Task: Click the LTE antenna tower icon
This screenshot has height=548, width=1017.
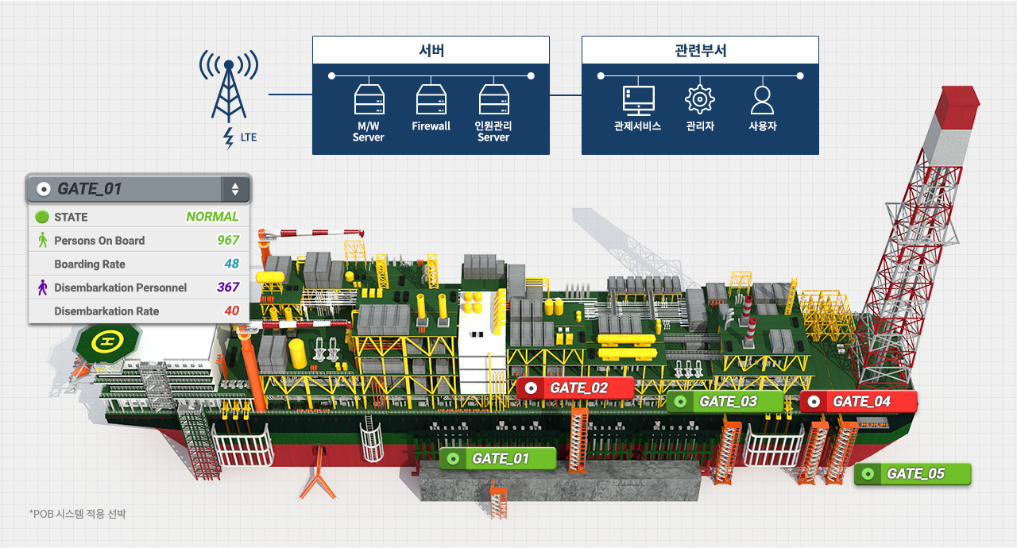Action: (228, 89)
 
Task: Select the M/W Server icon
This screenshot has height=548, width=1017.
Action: (369, 100)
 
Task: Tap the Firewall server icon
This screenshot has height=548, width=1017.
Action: (431, 100)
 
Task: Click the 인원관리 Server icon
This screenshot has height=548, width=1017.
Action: (493, 100)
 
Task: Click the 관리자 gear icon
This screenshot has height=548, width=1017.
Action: (700, 100)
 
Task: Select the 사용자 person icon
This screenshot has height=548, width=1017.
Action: (762, 100)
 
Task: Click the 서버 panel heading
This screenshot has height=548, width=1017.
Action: (431, 50)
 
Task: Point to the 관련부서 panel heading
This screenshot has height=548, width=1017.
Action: (700, 50)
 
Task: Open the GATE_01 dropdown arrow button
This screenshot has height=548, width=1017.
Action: (235, 189)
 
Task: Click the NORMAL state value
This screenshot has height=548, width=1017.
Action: (212, 217)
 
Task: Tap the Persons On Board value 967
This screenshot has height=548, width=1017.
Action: (228, 241)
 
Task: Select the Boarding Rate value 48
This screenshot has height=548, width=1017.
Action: (231, 264)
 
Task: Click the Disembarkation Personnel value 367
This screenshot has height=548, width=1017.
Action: (228, 288)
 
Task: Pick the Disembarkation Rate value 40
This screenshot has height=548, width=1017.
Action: (231, 311)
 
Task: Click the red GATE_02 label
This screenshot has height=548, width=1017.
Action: (575, 388)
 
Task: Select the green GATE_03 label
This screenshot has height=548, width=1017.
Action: (725, 401)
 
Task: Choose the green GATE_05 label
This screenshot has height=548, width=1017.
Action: (912, 474)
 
